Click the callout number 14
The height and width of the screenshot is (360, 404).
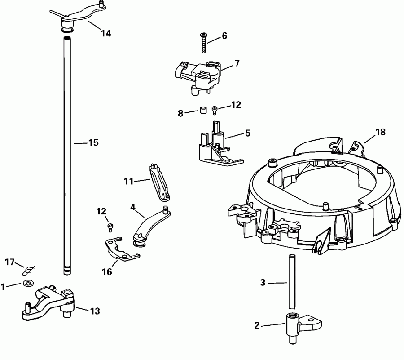(105, 33)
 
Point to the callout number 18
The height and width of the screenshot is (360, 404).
(380, 132)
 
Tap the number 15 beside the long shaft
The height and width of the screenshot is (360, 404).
(93, 143)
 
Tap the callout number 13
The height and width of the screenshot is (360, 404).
(95, 311)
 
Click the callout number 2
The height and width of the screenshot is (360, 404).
(257, 325)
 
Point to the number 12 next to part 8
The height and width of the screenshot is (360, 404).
(236, 105)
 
